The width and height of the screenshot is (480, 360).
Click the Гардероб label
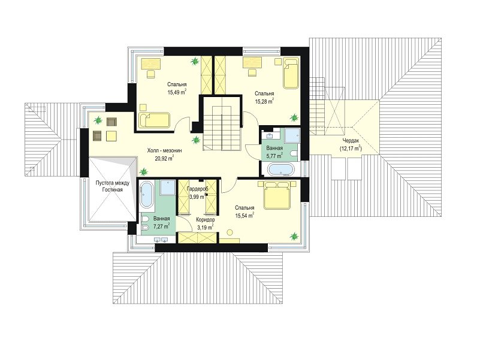(197, 188)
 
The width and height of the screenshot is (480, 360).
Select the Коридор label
(206, 220)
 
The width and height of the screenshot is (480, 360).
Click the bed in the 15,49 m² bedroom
(156, 118)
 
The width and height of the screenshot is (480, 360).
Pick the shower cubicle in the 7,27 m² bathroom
(167, 189)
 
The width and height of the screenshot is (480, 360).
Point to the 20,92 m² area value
(164, 159)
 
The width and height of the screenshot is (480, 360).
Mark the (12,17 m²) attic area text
(351, 148)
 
